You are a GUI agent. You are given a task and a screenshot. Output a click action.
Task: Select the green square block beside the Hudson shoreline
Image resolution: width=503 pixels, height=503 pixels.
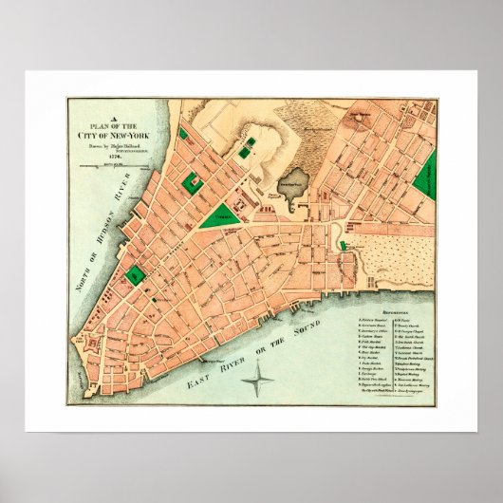click(x=136, y=275)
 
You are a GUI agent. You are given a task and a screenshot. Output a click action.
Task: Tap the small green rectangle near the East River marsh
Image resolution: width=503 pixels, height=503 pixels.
click(x=344, y=247)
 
